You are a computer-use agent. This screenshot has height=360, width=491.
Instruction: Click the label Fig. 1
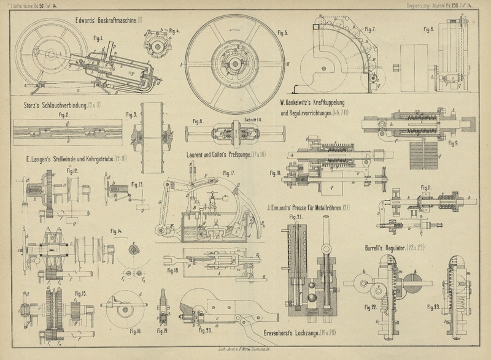point(97,38)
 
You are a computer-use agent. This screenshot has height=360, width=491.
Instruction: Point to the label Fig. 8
point(428,28)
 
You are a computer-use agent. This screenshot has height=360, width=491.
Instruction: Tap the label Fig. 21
point(296,216)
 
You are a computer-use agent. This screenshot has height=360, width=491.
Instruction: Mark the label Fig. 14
point(116,230)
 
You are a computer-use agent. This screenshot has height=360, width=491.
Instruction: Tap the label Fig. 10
point(275,173)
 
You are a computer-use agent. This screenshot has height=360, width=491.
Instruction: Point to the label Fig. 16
point(136,331)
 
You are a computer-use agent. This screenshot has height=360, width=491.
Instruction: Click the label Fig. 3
point(130,115)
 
